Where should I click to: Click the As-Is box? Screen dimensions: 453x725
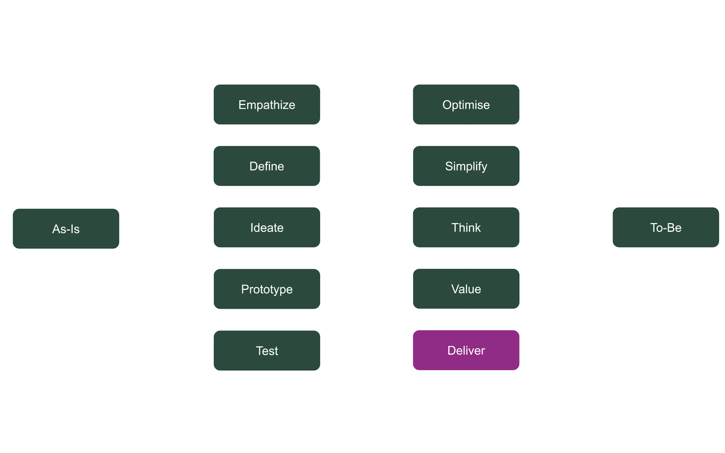pyautogui.click(x=66, y=229)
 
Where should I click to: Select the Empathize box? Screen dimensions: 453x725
pyautogui.click(x=266, y=104)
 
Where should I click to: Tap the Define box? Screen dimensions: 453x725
pyautogui.click(x=266, y=166)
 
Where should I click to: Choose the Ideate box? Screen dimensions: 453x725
pyautogui.click(x=266, y=228)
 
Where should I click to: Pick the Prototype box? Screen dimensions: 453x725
pyautogui.click(x=266, y=289)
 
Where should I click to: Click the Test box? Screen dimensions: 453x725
pyautogui.click(x=266, y=351)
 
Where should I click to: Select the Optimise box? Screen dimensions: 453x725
pyautogui.click(x=466, y=104)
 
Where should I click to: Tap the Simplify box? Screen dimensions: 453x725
pyautogui.click(x=466, y=166)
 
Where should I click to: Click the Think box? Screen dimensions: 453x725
pyautogui.click(x=466, y=228)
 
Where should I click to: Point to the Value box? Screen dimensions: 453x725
pyautogui.click(x=466, y=289)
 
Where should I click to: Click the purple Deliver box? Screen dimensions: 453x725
pyautogui.click(x=466, y=350)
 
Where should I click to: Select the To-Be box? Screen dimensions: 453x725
pyautogui.click(x=666, y=228)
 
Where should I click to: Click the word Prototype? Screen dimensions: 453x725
pyautogui.click(x=266, y=289)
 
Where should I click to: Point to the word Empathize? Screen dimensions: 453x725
pyautogui.click(x=266, y=104)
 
